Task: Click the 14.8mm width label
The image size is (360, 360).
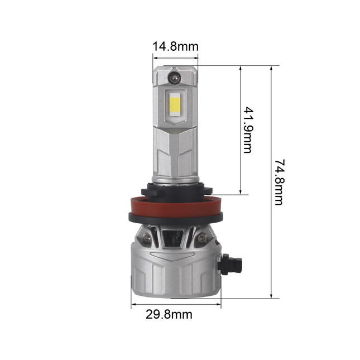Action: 176,46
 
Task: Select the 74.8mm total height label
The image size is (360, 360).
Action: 279,182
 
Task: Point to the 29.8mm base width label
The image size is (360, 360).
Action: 169,314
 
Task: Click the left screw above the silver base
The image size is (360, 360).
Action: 146,238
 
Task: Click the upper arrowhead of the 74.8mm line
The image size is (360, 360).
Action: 271,68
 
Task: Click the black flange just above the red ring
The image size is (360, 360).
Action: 176,191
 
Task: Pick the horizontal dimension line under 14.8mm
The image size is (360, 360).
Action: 176,56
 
